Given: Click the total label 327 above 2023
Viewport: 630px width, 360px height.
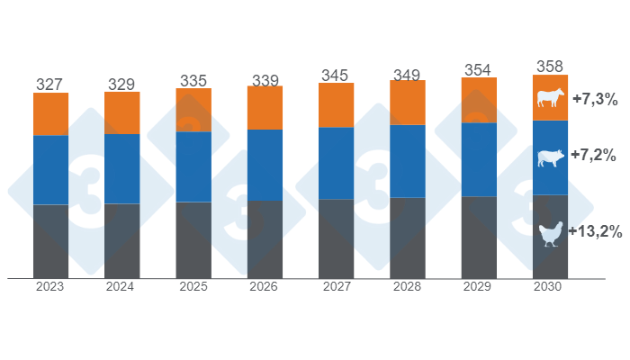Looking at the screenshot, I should tap(50, 84).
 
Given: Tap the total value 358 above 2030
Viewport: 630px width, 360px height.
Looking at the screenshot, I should tap(551, 66).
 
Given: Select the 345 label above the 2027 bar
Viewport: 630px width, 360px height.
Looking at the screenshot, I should tap(336, 74).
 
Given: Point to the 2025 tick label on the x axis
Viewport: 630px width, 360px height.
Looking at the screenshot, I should tap(193, 287).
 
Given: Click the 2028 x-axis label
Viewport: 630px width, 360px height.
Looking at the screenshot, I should tap(408, 287).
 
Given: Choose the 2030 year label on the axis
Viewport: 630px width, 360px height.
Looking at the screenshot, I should tap(551, 287).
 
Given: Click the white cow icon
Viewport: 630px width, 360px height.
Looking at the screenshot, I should tap(549, 98).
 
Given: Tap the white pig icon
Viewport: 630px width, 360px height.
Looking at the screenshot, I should tap(549, 158).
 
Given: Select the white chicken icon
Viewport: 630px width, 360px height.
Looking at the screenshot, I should tap(549, 235).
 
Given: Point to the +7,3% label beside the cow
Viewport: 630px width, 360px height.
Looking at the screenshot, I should tap(592, 100).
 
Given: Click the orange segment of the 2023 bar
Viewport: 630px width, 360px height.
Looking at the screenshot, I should tap(50, 113).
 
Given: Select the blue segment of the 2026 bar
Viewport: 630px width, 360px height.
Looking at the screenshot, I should tap(265, 165).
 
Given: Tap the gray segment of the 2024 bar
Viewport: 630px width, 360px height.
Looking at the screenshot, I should tap(121, 240).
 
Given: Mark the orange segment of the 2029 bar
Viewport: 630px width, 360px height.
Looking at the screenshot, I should tap(479, 100).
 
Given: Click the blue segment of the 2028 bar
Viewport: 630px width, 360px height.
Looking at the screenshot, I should tap(408, 161).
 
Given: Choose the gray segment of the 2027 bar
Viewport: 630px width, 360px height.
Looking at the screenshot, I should tap(336, 238).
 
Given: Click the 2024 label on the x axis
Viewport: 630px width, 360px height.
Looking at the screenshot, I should tap(121, 287).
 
